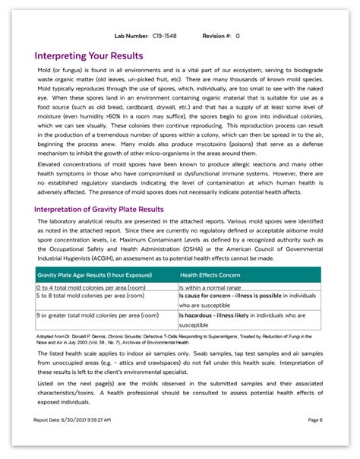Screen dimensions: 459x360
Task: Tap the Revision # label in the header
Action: [x=219, y=36]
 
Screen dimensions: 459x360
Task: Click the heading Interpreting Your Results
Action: [x=89, y=55]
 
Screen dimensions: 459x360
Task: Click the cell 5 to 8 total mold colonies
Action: [x=83, y=296]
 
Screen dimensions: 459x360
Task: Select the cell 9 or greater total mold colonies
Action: [x=96, y=315]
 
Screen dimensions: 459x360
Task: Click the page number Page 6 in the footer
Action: [x=315, y=419]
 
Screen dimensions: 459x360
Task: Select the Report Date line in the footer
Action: [x=72, y=419]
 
